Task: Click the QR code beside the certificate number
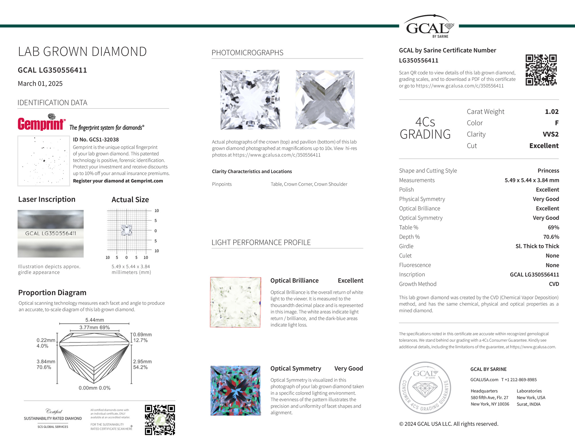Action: [541, 70]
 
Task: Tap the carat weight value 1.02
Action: [551, 112]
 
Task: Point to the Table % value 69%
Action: [553, 227]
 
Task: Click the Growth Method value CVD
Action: [554, 284]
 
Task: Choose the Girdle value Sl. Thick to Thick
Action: [537, 246]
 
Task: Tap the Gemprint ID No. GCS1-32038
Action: [96, 140]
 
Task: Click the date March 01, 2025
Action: [40, 84]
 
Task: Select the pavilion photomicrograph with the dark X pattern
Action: [325, 100]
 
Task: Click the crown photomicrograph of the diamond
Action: [250, 100]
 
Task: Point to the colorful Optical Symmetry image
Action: [235, 390]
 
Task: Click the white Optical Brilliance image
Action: [235, 302]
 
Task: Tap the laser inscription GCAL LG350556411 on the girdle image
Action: [51, 233]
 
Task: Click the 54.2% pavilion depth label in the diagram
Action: [140, 367]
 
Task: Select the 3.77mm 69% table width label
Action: [95, 327]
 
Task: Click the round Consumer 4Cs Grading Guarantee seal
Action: [425, 388]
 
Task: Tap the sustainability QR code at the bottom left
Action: [160, 420]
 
